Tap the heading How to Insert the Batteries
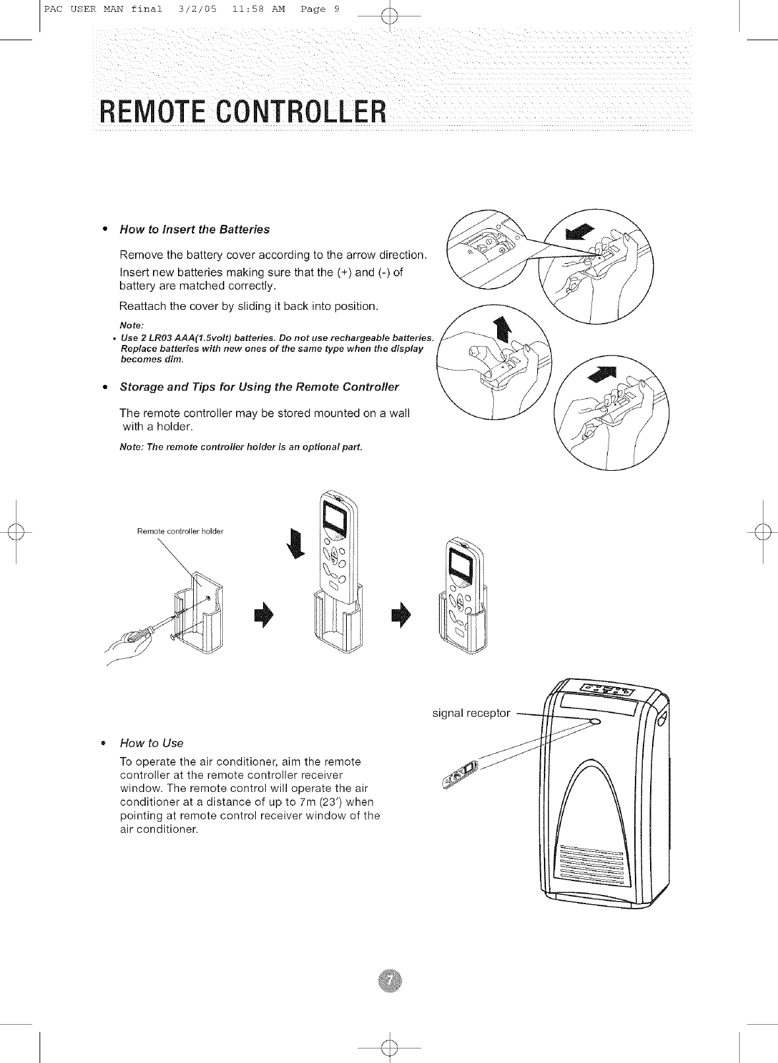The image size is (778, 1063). (x=194, y=229)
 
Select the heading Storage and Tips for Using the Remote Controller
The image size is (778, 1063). (x=259, y=386)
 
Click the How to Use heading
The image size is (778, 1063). (x=152, y=743)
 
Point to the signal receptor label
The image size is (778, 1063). (x=471, y=713)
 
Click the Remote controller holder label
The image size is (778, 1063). (x=180, y=531)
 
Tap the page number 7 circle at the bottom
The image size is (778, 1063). (x=390, y=981)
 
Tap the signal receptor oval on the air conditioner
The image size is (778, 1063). (x=596, y=721)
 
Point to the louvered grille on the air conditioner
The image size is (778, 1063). (x=591, y=865)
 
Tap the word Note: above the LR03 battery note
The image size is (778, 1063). (x=132, y=326)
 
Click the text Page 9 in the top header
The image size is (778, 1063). (x=320, y=9)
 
